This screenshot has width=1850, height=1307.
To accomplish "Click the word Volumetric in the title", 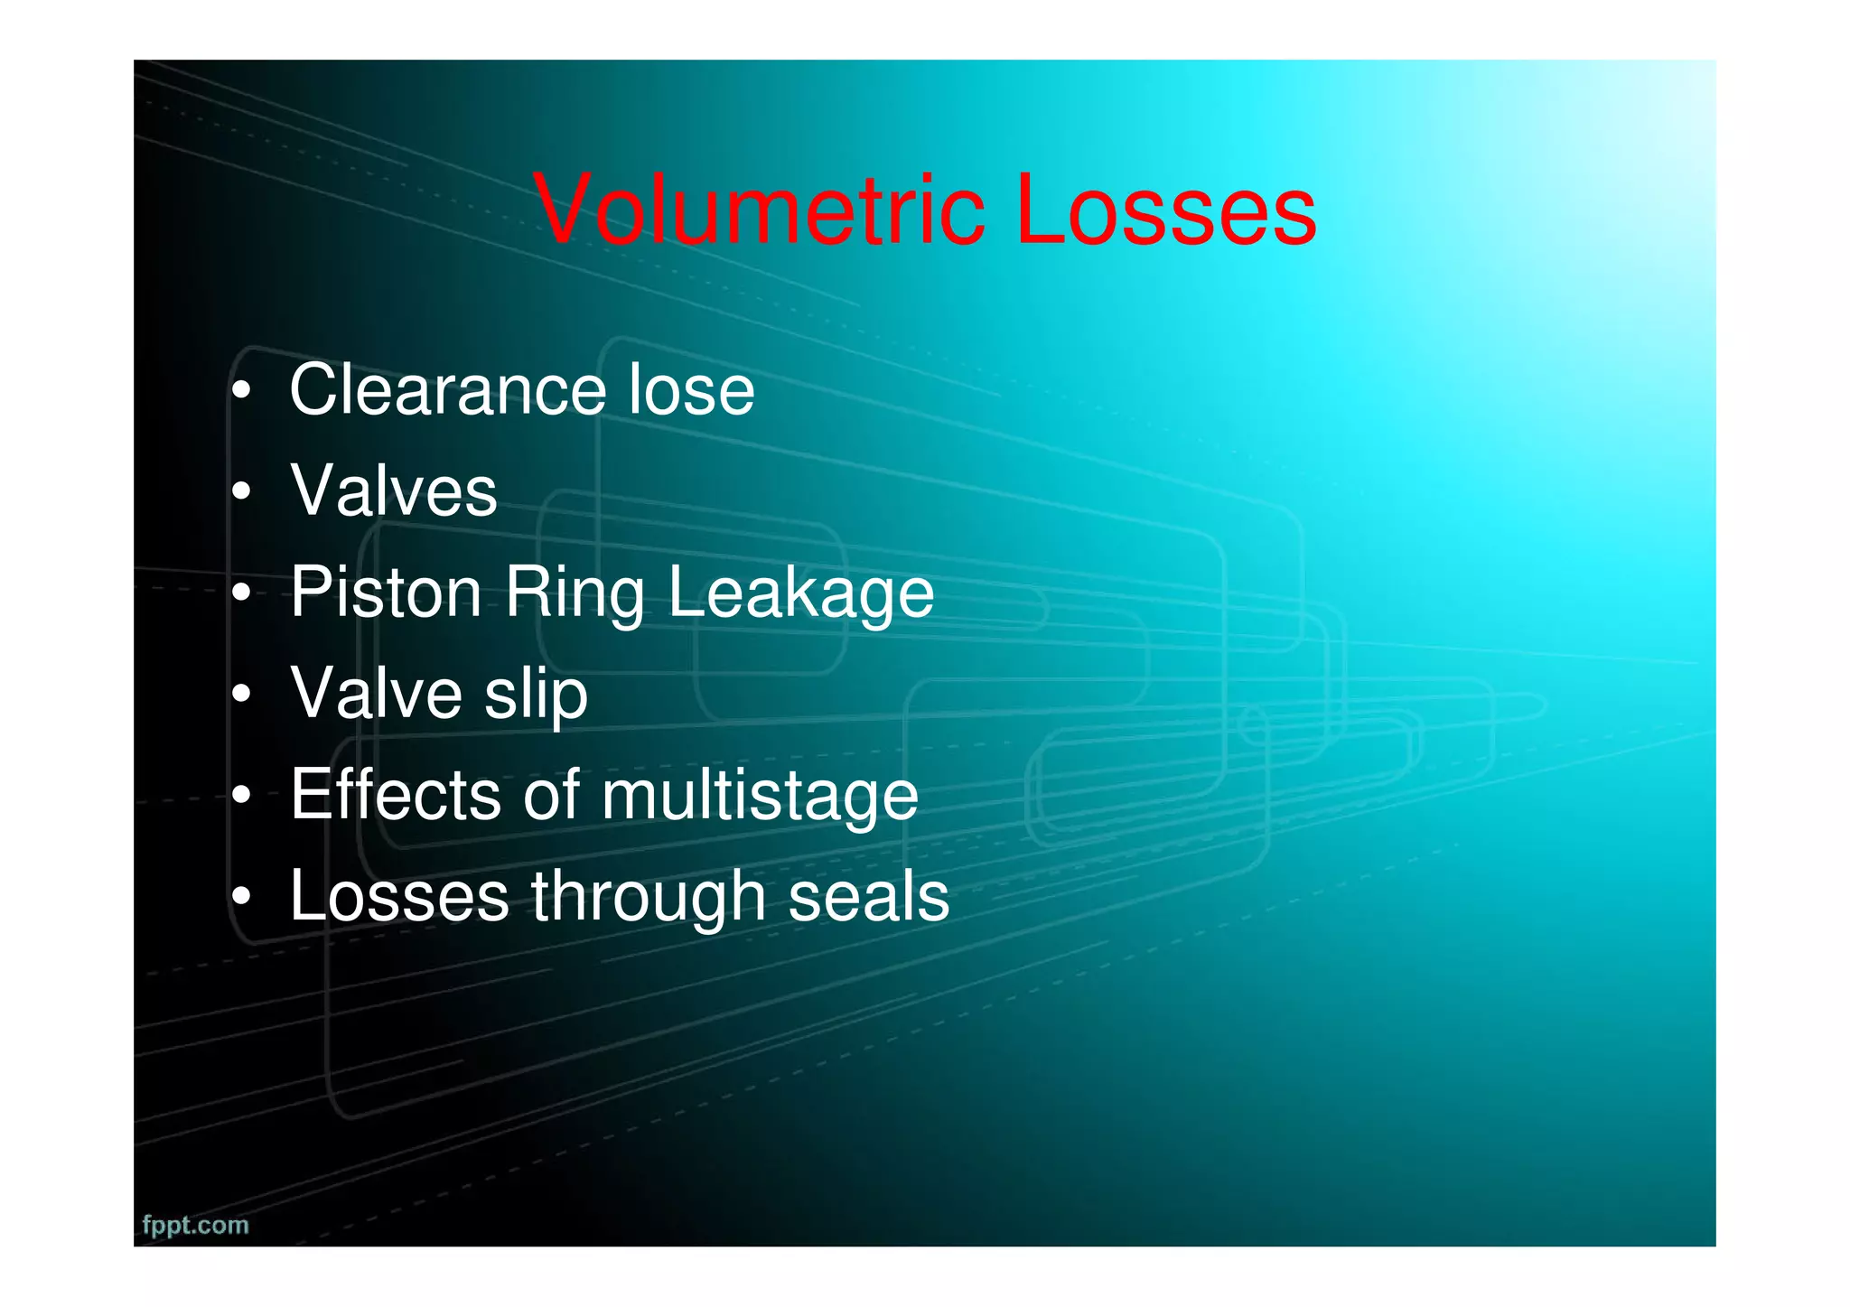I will (x=759, y=210).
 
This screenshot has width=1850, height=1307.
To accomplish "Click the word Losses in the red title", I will (x=1165, y=210).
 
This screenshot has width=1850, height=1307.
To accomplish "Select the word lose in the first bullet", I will (x=691, y=390).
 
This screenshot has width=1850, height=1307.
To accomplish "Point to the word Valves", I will (x=394, y=491).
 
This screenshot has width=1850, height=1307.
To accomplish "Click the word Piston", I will (x=386, y=593).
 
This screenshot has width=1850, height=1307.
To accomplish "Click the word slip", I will (x=536, y=696).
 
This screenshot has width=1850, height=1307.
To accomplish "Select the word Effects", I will (x=396, y=795).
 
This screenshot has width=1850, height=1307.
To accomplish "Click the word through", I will (x=648, y=898).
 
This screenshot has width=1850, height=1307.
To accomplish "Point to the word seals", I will (x=868, y=897).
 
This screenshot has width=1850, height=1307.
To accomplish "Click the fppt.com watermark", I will (x=195, y=1226).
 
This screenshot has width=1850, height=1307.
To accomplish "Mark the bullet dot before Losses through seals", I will (x=240, y=898).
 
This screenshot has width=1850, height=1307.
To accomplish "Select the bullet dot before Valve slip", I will (x=240, y=696).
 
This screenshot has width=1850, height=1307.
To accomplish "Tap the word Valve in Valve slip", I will (x=376, y=694).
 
